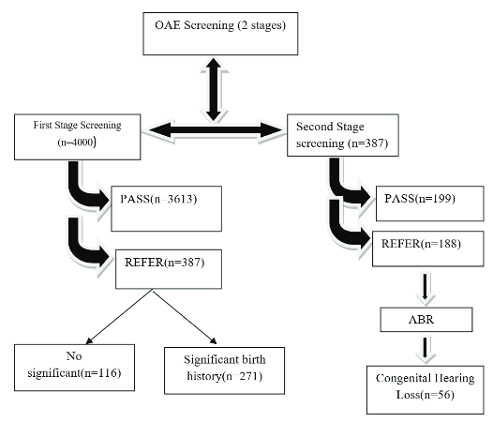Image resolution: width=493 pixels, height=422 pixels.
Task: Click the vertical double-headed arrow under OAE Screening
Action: pos(214,89)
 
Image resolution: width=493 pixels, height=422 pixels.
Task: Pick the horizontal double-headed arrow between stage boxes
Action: pos(216,130)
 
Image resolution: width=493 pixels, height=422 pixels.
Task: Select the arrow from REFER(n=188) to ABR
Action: pos(426,288)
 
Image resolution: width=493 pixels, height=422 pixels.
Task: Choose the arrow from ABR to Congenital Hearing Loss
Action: pos(426,348)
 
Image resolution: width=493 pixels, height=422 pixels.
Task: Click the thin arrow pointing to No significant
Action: pos(119,316)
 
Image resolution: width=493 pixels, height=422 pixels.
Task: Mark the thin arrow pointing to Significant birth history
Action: pos(185,316)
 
